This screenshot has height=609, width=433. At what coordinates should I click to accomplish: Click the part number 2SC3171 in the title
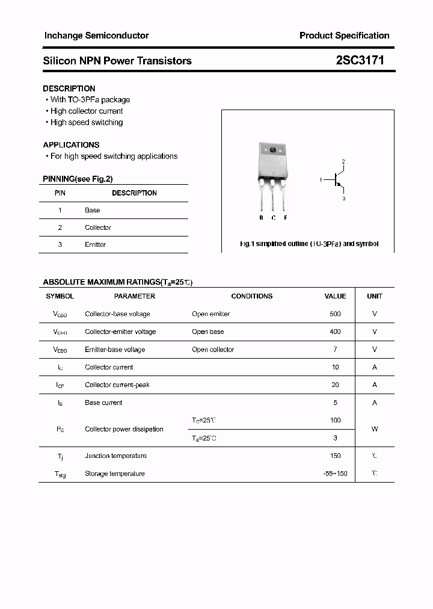point(360,60)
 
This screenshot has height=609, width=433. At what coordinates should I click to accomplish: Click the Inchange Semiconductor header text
point(96,36)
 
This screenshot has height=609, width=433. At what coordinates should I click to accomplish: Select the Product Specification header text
point(344,36)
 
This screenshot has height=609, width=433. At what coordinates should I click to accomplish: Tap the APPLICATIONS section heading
point(71,144)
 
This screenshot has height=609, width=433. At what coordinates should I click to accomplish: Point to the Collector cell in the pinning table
point(98,227)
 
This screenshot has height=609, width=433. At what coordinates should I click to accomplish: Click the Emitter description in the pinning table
point(95,244)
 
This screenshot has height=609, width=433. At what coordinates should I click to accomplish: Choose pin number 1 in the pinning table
point(60,210)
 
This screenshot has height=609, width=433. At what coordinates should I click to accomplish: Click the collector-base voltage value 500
point(335,314)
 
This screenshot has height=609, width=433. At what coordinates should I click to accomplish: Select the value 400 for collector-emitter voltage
point(335,332)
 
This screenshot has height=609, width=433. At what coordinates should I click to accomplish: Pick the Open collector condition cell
point(213,349)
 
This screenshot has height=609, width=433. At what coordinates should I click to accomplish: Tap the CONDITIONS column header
point(251,296)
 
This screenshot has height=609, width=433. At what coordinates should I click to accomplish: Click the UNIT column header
point(375,296)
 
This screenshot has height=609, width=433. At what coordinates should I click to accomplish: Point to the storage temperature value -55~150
point(335,474)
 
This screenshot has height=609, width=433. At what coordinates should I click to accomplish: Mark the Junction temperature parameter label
point(115,456)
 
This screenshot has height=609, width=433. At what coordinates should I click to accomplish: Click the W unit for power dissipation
point(375,429)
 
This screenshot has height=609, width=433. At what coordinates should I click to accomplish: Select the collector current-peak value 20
point(335,385)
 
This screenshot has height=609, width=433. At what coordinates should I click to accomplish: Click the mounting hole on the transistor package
point(272,150)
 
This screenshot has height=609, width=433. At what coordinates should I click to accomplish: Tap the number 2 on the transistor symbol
point(343,162)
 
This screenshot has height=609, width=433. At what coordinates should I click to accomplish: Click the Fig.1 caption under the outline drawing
point(309,244)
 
